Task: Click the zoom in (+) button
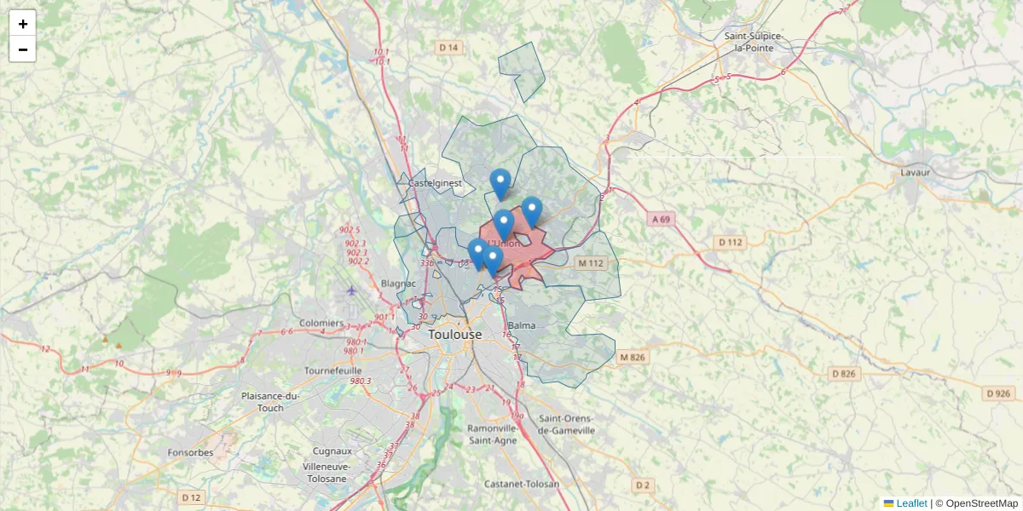[x=23, y=24]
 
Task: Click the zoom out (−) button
[x=23, y=49]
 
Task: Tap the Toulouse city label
[x=454, y=335]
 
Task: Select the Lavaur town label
[x=916, y=172]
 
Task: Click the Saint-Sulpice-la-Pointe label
[x=754, y=42]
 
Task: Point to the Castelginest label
[x=435, y=183]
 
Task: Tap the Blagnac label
[x=398, y=283]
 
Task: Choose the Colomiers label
[x=321, y=324]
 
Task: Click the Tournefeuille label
[x=333, y=370]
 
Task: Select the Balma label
[x=521, y=325]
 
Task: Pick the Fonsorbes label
[x=191, y=452]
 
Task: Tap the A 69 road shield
[x=662, y=219]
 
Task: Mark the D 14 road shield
[x=448, y=48]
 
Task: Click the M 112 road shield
[x=590, y=263]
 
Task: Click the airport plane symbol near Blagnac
[x=352, y=291]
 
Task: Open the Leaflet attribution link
[x=910, y=503]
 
